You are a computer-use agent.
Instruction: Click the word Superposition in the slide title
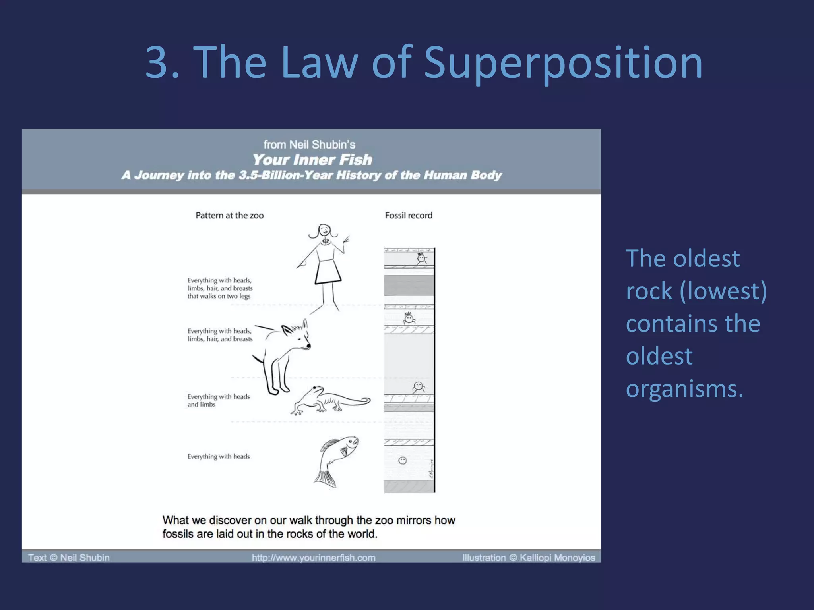[564, 64]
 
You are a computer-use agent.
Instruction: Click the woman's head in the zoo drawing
[324, 231]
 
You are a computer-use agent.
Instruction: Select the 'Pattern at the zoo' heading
[229, 215]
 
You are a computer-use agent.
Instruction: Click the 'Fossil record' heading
[409, 215]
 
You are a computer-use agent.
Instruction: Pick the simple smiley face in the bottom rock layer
[403, 461]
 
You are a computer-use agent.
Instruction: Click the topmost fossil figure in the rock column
[421, 259]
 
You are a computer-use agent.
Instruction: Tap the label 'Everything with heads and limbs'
[218, 400]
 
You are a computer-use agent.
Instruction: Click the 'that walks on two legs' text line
[219, 296]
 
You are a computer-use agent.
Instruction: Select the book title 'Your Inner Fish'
[312, 160]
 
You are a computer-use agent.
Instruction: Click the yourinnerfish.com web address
[314, 558]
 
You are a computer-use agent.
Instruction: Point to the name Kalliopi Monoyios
[557, 558]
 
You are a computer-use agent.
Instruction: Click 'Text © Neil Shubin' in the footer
[69, 558]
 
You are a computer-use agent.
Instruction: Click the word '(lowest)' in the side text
[723, 291]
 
